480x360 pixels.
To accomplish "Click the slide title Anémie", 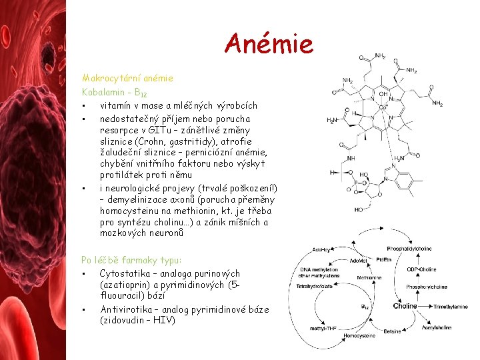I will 269,44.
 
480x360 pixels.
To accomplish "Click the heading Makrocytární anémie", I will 127,78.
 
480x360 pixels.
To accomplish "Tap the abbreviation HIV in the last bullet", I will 164,320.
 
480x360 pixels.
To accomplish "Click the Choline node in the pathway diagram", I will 405,307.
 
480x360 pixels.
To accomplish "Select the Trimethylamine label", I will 451,307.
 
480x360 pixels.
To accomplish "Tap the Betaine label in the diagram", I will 392,331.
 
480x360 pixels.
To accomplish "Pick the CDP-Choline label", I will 421,269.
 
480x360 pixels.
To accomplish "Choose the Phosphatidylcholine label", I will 409,249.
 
